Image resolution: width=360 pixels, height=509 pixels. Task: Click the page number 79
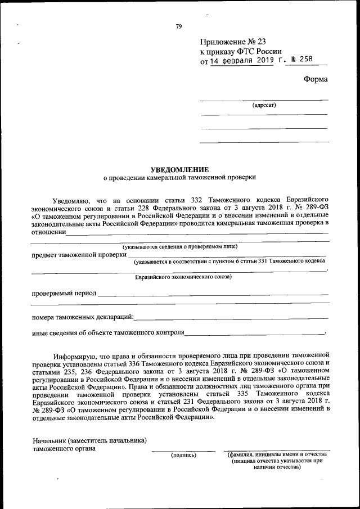[x=178, y=26]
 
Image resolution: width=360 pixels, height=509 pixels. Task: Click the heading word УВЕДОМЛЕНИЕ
[x=179, y=169]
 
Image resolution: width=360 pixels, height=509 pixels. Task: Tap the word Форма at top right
[x=316, y=79]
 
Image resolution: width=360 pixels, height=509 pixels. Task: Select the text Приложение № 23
[x=232, y=42]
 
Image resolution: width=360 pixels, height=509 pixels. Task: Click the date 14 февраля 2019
[x=242, y=61]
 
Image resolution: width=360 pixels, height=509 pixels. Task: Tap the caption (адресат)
[x=264, y=105]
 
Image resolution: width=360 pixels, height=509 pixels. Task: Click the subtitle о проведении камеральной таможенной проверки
[x=179, y=177]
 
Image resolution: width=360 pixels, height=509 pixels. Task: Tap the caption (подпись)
[x=183, y=454]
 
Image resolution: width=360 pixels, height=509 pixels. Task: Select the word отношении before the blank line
[x=49, y=231]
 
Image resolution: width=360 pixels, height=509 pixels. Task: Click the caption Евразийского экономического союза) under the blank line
[x=183, y=277]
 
